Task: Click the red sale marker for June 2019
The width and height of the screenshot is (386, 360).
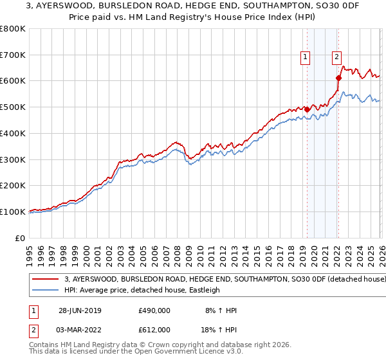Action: point(307,109)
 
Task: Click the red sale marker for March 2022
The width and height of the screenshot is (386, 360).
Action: point(338,78)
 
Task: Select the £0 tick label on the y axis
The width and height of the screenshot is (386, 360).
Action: point(21,238)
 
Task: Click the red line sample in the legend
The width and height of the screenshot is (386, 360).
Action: point(46,280)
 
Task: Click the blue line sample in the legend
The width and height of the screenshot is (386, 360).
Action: point(46,291)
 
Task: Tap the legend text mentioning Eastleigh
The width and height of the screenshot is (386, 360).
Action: point(142,291)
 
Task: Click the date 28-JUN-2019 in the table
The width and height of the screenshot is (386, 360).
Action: point(80,310)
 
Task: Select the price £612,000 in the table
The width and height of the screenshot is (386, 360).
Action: point(154,330)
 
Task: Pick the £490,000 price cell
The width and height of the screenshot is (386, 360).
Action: point(154,310)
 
